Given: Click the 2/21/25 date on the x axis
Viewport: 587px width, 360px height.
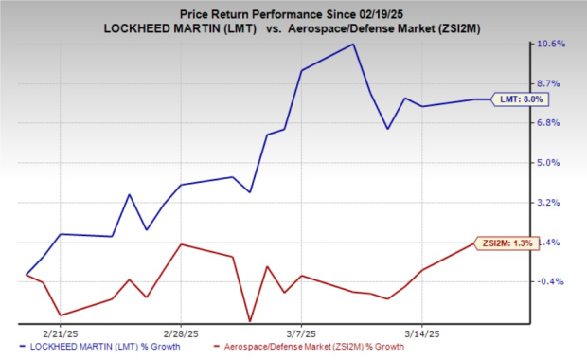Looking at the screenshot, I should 61,333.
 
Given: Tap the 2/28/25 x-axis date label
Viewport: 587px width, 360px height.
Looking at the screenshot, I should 181,333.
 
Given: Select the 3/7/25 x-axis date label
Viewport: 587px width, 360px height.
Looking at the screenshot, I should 301,333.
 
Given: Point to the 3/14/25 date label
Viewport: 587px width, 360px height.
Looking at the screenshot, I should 421,333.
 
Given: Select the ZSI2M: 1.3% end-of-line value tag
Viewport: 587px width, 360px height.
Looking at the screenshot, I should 512,243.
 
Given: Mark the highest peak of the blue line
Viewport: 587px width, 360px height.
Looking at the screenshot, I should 352,45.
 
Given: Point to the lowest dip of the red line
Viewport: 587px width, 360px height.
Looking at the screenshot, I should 250,321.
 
